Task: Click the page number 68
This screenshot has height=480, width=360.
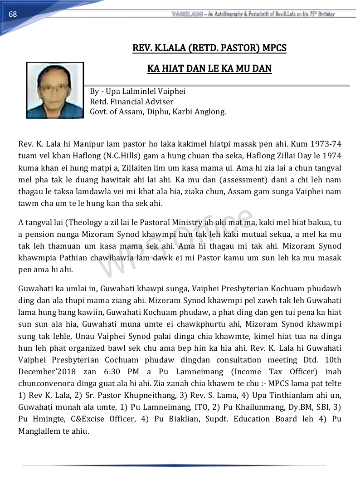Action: [x=13, y=14]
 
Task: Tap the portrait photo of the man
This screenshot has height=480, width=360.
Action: [x=55, y=90]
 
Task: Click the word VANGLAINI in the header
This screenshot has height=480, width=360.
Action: [x=187, y=14]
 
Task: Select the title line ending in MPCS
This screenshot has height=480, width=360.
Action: [x=209, y=48]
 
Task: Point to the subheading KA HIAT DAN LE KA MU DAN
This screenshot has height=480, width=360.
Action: [x=209, y=69]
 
